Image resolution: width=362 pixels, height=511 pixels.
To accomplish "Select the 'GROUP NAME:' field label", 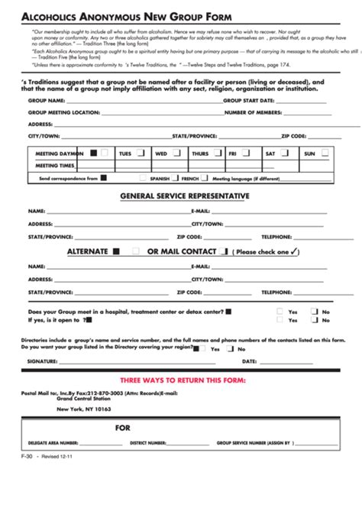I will click(46, 99).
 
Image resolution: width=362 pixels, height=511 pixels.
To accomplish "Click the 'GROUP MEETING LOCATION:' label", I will click(64, 112).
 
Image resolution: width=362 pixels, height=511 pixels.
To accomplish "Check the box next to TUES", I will click(140, 153).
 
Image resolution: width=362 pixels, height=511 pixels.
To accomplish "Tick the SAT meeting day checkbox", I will click(286, 153).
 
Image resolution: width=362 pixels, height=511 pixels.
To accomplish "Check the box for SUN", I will click(325, 153).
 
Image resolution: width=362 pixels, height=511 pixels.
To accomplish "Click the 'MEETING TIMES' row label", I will click(55, 165).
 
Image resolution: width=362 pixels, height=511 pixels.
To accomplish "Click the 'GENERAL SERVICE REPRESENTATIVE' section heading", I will click(185, 196).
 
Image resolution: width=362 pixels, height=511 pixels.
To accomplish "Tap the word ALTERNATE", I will click(87, 251).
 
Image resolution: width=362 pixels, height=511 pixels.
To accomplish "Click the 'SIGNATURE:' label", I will click(43, 361).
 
